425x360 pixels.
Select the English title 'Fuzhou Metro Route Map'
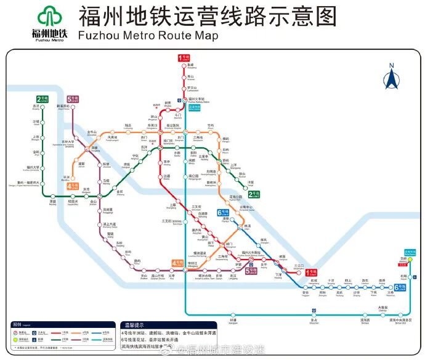click(x=148, y=36)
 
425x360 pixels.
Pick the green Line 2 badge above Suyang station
click(x=41, y=99)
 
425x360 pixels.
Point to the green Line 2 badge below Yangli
click(x=261, y=195)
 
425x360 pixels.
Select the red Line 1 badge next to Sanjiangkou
click(x=312, y=271)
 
